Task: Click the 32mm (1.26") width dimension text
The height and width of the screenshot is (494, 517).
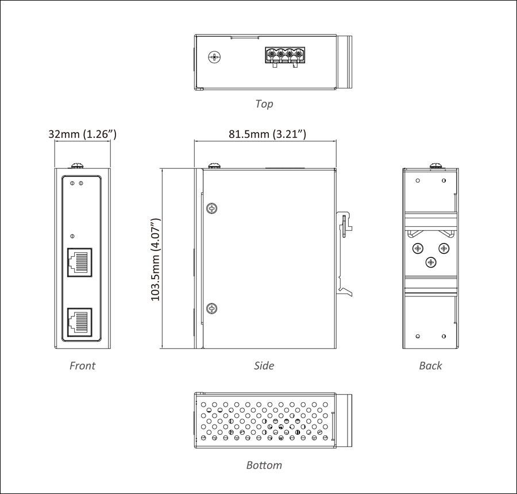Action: [83, 134]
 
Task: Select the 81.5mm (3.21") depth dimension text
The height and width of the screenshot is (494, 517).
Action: [267, 134]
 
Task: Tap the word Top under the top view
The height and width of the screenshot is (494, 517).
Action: [264, 104]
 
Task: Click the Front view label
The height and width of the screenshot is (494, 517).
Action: [82, 365]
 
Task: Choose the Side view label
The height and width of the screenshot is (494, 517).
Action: [264, 365]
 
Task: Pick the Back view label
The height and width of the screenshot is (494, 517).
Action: [430, 365]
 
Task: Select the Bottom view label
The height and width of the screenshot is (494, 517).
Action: [264, 465]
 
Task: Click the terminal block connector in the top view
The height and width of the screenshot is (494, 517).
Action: [285, 56]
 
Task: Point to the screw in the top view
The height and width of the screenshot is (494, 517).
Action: [215, 56]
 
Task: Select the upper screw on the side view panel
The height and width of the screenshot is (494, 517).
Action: [213, 208]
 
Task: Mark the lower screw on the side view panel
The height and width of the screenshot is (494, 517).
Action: [213, 308]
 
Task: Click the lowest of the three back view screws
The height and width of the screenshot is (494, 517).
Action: [431, 262]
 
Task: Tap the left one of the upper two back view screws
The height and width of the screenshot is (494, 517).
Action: [418, 248]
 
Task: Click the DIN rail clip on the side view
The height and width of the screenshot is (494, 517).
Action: [346, 253]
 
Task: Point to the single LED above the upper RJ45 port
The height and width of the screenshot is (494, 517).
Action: [72, 236]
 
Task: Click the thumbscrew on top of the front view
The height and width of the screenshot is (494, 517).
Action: [76, 165]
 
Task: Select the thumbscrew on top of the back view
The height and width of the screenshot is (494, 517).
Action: [437, 165]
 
